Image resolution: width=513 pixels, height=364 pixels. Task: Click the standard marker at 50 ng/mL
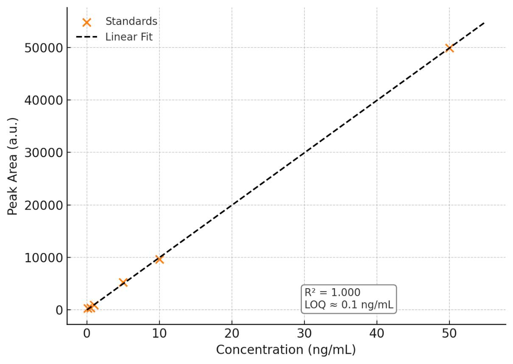(449, 48)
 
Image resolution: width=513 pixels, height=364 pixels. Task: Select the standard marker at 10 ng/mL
(159, 259)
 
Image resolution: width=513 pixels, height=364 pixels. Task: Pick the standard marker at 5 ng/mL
(123, 282)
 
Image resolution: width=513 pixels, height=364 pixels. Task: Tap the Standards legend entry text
(131, 21)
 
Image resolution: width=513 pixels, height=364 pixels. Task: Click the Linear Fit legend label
(129, 37)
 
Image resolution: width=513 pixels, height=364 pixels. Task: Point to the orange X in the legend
(87, 22)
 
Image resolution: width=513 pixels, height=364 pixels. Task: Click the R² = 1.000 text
(332, 292)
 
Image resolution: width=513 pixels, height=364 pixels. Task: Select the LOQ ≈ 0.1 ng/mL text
(349, 304)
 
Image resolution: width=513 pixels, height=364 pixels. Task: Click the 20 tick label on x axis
(232, 334)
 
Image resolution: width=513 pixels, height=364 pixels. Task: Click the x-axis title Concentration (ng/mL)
(286, 350)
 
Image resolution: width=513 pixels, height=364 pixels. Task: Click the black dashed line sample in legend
(87, 37)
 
